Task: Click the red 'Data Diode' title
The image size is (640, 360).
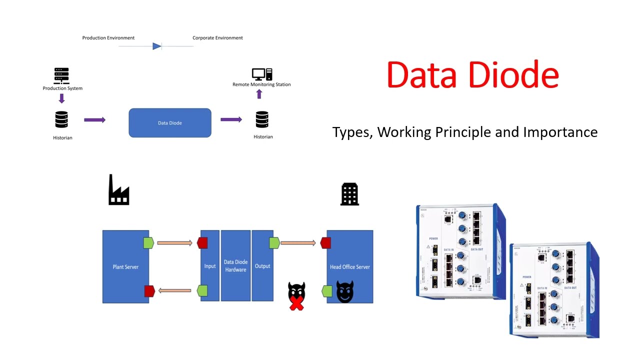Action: click(472, 75)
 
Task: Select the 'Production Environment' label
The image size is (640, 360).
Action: click(108, 38)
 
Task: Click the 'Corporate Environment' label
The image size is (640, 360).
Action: click(217, 38)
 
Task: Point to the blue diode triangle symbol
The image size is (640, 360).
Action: click(157, 46)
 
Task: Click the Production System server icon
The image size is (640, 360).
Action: click(61, 76)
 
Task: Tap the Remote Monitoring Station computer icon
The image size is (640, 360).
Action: click(262, 74)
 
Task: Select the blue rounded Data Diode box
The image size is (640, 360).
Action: click(170, 122)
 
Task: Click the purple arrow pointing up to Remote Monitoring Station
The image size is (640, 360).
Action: click(259, 94)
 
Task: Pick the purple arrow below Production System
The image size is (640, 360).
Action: click(62, 98)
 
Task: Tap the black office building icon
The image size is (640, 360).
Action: click(349, 194)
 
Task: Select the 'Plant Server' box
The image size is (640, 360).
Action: click(125, 266)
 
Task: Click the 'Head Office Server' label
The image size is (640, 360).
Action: click(349, 267)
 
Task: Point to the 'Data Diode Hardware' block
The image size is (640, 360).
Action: click(235, 266)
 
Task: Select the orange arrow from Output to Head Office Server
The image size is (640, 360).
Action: click(298, 243)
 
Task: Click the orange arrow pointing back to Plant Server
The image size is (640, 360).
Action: click(174, 290)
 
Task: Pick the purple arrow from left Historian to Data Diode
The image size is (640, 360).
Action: click(94, 120)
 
